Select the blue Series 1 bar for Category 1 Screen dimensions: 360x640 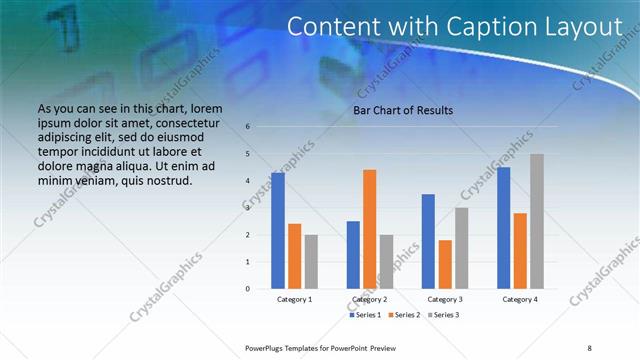(x=277, y=231)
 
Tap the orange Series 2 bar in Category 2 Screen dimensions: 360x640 (x=369, y=229)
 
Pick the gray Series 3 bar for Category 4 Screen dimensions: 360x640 (x=537, y=221)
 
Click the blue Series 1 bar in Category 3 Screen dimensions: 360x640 (x=428, y=241)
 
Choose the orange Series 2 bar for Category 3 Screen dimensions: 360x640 (x=445, y=264)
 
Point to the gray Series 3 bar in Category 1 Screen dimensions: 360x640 (x=311, y=261)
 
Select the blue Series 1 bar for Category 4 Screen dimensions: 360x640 (x=503, y=228)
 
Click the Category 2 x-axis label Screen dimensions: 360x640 (x=369, y=299)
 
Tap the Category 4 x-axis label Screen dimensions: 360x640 (x=520, y=299)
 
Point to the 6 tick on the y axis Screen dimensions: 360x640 (x=248, y=127)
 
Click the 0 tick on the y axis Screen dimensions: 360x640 (x=248, y=289)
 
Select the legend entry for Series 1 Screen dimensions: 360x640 (x=364, y=315)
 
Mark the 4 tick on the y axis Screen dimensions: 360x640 (x=248, y=181)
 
